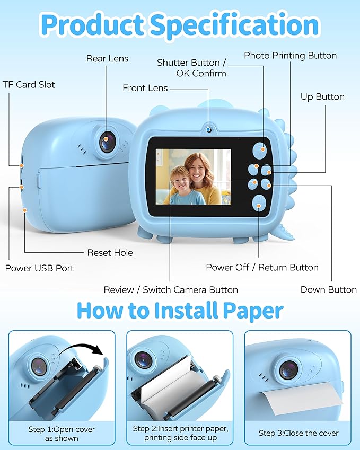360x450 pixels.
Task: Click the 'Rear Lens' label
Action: tap(107, 58)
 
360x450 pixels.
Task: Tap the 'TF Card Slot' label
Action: tap(29, 84)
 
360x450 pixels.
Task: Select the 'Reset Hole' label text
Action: tap(110, 253)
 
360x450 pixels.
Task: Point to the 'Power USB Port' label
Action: tap(39, 268)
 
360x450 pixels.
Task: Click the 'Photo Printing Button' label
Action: tap(290, 55)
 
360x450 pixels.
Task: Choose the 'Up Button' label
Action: tap(322, 96)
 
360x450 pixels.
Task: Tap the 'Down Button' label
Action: tap(328, 289)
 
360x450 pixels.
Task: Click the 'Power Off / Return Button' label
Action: tap(262, 268)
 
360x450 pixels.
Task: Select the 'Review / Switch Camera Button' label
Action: tap(171, 290)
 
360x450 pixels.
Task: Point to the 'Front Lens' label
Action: tap(145, 88)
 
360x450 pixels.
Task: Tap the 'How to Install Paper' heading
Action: tap(180, 310)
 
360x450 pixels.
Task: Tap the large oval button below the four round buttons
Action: tap(259, 202)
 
